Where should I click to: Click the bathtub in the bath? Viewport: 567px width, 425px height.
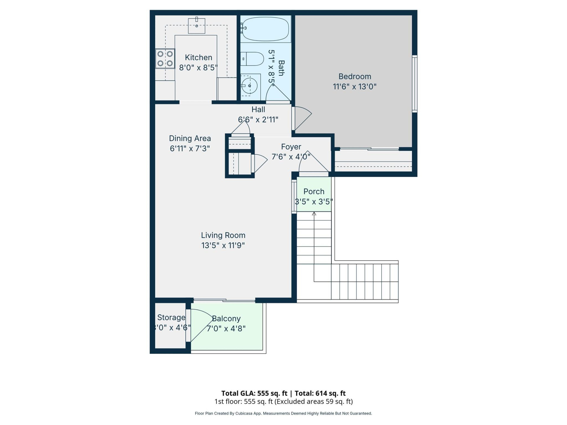click(265, 29)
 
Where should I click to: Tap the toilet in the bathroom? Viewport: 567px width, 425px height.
click(252, 59)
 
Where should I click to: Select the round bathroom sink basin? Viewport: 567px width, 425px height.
click(250, 86)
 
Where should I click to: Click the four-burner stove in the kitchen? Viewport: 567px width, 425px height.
click(165, 59)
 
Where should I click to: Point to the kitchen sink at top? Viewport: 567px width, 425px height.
click(197, 26)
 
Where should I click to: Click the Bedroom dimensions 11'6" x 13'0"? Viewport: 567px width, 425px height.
click(355, 86)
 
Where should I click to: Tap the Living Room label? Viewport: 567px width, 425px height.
click(223, 235)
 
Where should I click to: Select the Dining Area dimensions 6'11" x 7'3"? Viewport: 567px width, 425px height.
click(190, 148)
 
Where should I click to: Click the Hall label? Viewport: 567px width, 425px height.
click(258, 109)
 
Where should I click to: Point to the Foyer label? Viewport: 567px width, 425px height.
click(291, 147)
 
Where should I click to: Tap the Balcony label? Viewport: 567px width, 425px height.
click(226, 318)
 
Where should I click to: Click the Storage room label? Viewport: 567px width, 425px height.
click(171, 318)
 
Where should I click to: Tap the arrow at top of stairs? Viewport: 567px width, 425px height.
click(314, 214)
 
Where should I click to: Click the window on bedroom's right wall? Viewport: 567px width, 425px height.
click(415, 84)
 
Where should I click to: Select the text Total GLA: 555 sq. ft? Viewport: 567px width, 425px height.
click(254, 393)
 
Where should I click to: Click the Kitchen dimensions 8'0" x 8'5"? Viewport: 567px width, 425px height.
click(198, 68)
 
